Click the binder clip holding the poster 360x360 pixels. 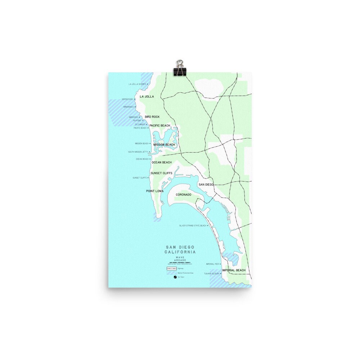tap(179, 68)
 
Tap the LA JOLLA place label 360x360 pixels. tap(147, 97)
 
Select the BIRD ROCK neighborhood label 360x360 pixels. tap(152, 117)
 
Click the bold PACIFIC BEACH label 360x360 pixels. tap(159, 126)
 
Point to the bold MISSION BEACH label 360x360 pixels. tap(164, 145)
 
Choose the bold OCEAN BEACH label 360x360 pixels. tap(162, 162)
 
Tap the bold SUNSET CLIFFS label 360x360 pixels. tap(161, 173)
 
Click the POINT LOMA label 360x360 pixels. tap(154, 191)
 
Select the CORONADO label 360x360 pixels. tap(183, 195)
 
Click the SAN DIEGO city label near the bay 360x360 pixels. tap(206, 184)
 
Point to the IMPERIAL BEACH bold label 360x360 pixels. tap(234, 270)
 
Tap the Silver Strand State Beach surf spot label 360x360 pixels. tap(193, 226)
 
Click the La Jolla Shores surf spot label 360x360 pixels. tap(137, 84)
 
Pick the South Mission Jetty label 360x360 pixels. tap(138, 152)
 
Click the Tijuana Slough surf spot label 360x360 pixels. tap(211, 274)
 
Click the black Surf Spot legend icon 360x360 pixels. tap(175, 278)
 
